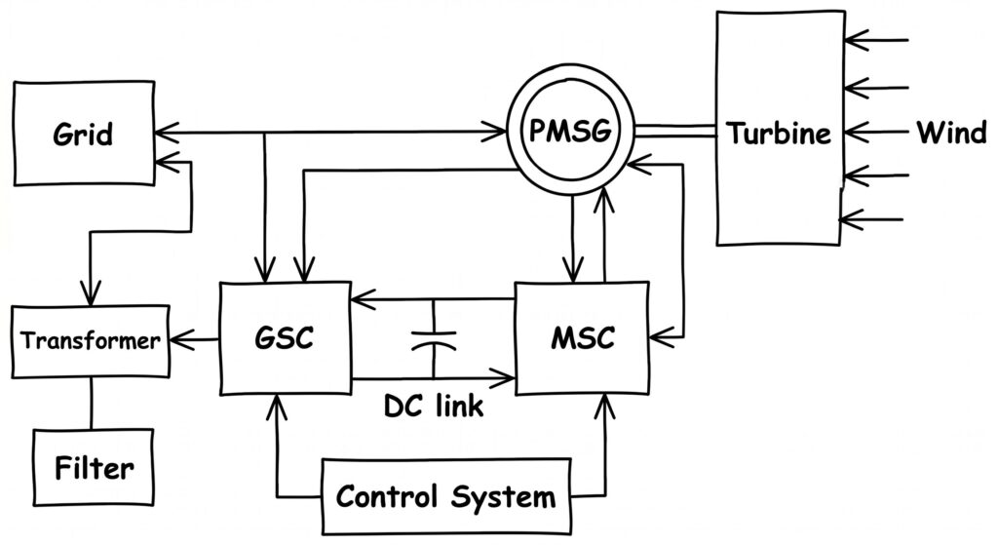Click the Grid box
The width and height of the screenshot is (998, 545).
click(x=83, y=133)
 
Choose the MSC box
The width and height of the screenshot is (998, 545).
click(x=582, y=338)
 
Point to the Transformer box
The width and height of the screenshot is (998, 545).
click(x=90, y=341)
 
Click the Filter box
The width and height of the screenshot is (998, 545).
click(x=94, y=467)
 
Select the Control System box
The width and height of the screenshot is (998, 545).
click(x=445, y=496)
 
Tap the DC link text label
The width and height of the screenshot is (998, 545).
click(x=433, y=405)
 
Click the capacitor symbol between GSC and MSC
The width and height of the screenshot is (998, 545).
click(x=433, y=338)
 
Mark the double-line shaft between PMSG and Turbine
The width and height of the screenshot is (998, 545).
click(x=674, y=129)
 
